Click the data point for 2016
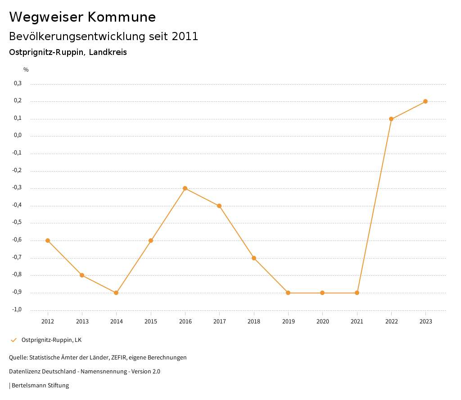[185, 188]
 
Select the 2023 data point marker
[425, 101]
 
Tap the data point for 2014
[116, 293]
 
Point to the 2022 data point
[391, 119]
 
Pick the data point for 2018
[254, 258]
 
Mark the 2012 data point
[48, 241]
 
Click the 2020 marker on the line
[322, 293]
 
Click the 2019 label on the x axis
[288, 322]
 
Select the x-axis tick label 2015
[151, 322]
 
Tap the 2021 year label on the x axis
[357, 322]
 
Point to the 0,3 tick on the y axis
[18, 83]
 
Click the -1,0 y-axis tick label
[17, 309]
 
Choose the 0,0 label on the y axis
[18, 136]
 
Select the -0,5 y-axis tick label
[17, 223]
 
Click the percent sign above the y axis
[26, 70]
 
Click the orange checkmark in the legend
[14, 340]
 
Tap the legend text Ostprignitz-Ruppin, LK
[51, 340]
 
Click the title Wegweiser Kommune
[82, 17]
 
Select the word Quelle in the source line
[18, 358]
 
